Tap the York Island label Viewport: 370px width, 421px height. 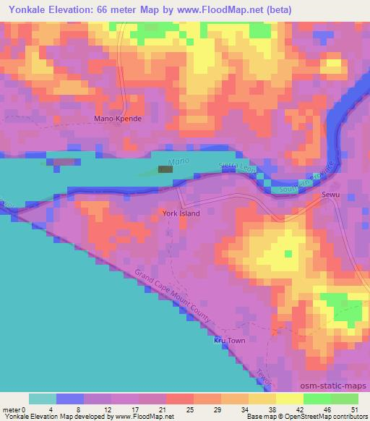[x=181, y=213]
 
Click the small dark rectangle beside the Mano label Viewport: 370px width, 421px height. [x=165, y=169]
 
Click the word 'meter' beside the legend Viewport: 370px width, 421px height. [x=11, y=409]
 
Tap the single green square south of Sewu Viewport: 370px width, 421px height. [x=288, y=253]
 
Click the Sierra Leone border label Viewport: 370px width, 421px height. [x=238, y=169]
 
